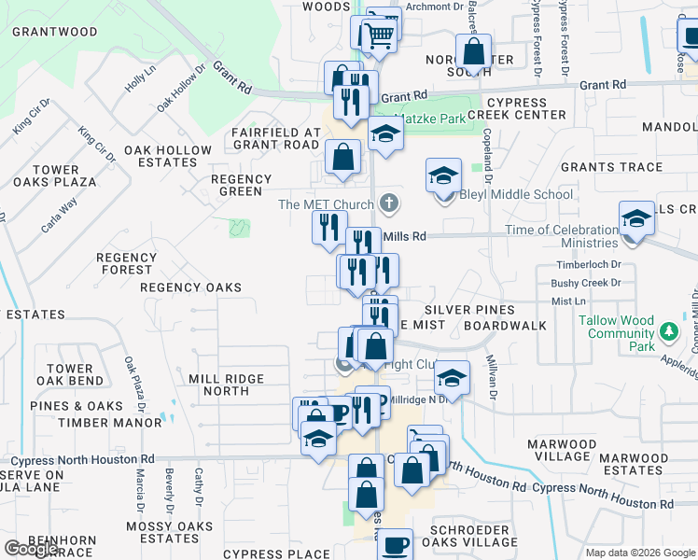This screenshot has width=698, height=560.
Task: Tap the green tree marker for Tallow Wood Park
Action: pos(668,331)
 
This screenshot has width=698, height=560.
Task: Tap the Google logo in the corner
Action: pos(32,549)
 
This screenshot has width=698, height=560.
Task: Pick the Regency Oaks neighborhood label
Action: pos(190,288)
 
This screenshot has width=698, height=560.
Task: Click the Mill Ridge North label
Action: pos(226,385)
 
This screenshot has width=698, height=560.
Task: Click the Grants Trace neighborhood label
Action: pos(611,168)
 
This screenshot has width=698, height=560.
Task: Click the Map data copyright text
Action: pos(639,553)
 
